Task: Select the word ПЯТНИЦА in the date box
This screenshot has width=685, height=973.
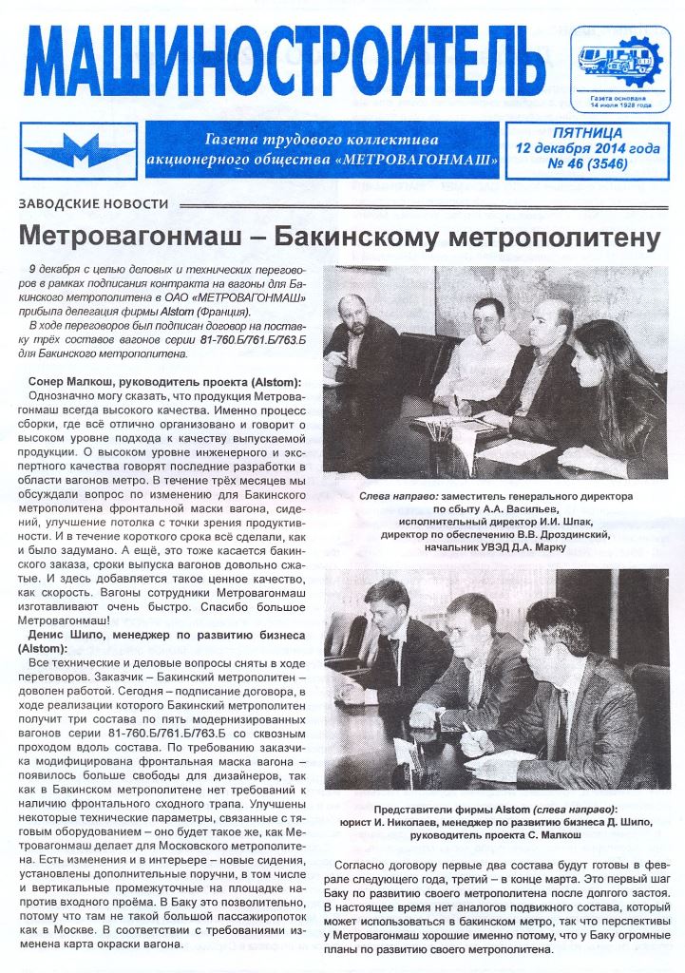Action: pyautogui.click(x=587, y=133)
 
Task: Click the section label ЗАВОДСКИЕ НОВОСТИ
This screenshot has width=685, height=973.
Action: pyautogui.click(x=93, y=204)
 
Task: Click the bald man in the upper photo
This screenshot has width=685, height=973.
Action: pyautogui.click(x=550, y=328)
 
